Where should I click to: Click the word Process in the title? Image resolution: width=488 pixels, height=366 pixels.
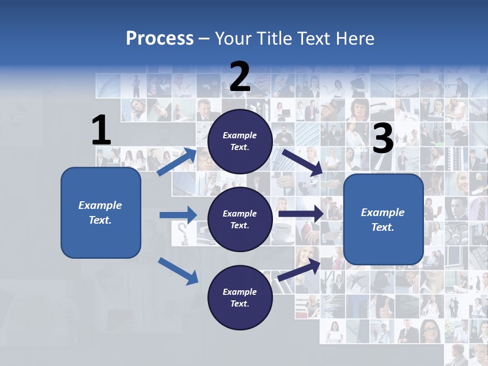(160, 39)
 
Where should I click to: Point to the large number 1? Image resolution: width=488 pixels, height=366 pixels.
(101, 131)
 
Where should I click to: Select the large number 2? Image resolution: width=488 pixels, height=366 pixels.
(240, 76)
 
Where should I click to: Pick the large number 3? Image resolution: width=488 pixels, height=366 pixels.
(383, 139)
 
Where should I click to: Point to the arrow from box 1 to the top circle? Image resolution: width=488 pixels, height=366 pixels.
(177, 162)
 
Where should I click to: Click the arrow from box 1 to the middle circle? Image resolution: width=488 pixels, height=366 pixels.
(178, 215)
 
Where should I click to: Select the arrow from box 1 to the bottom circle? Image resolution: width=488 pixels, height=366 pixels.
(178, 271)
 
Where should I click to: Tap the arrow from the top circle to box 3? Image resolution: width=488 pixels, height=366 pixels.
(303, 163)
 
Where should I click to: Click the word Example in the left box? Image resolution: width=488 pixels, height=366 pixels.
(100, 205)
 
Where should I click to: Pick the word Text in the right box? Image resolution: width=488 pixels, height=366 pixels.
(382, 227)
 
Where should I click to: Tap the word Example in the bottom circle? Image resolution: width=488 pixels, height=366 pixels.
(240, 292)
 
